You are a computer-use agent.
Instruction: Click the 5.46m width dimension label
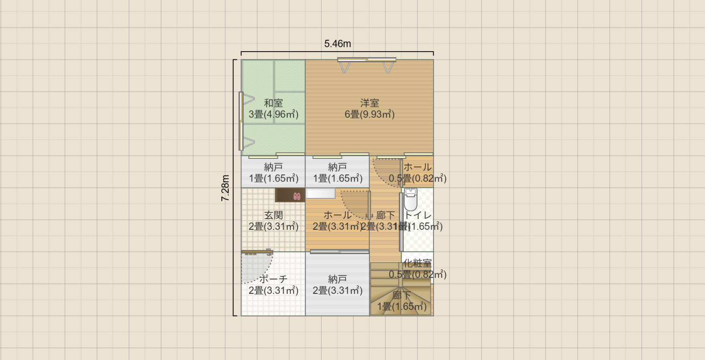[x=338, y=44]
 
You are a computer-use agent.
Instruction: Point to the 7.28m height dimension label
[x=225, y=188]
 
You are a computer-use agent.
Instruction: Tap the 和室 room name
[x=273, y=103]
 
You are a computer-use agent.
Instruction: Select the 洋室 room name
[x=370, y=103]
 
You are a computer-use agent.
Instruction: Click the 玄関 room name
[x=273, y=215]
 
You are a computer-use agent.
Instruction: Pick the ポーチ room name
[x=273, y=279]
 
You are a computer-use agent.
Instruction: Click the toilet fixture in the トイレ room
[x=411, y=199]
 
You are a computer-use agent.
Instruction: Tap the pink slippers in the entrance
[x=297, y=196]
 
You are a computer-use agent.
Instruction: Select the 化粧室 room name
[x=417, y=263]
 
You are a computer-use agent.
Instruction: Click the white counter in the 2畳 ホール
[x=321, y=193]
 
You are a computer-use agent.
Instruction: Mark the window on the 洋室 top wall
[x=367, y=60]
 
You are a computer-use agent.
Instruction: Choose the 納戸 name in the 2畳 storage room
[x=338, y=279]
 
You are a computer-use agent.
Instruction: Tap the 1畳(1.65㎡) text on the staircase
[x=402, y=307]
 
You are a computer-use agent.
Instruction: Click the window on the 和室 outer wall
[x=241, y=121]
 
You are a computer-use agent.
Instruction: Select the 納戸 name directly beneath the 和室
[x=273, y=167]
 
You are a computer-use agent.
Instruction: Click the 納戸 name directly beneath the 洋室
[x=338, y=167]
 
